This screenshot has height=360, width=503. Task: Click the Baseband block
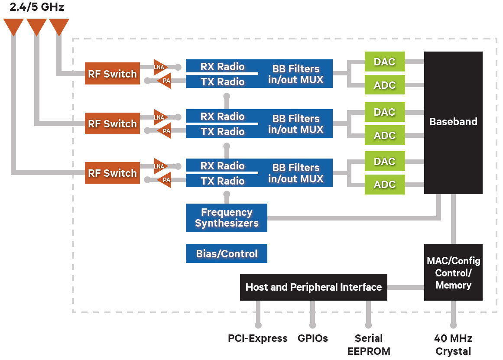(453, 122)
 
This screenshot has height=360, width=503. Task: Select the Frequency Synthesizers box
(226, 218)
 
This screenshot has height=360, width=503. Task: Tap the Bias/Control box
(226, 254)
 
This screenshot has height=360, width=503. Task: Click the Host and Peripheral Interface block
(313, 287)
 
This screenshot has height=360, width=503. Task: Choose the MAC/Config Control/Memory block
(453, 272)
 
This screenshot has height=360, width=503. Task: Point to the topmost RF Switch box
(112, 74)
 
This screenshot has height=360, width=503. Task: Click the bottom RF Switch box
(112, 173)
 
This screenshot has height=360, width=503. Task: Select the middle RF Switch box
(112, 123)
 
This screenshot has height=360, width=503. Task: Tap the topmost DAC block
(384, 62)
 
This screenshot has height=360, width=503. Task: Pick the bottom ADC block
(384, 185)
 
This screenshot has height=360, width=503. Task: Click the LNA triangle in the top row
(159, 67)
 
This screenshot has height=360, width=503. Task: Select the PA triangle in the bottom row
(165, 180)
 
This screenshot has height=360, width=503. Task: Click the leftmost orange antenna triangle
(13, 26)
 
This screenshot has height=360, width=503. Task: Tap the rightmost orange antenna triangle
(59, 26)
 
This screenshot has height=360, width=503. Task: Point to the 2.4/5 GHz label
(37, 7)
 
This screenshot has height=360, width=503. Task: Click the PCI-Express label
(258, 338)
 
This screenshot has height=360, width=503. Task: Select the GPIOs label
(313, 338)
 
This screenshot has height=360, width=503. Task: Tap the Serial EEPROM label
(369, 344)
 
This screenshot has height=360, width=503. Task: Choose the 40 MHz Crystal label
(453, 344)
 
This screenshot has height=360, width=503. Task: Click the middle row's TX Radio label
(222, 132)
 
